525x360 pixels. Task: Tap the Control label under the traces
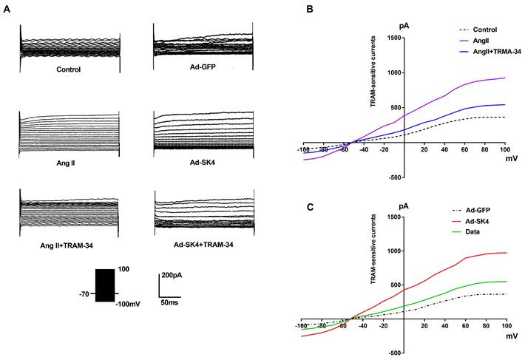71,70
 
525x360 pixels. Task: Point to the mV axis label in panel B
512,157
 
